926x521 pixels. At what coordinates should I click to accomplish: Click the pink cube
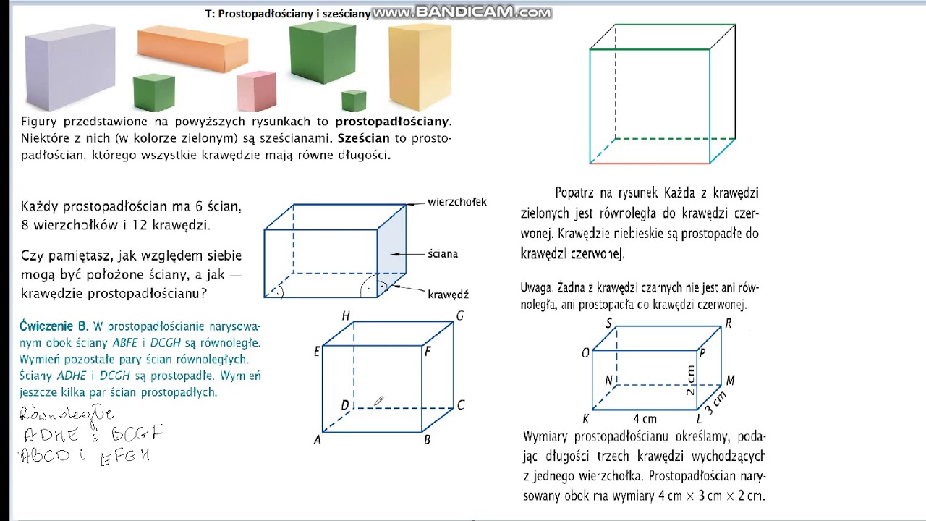(257, 91)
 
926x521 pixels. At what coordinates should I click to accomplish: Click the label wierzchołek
(456, 203)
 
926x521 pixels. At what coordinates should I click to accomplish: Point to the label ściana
(442, 254)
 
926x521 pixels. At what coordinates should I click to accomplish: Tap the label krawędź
(448, 295)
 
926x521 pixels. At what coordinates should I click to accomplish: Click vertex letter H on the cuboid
(346, 316)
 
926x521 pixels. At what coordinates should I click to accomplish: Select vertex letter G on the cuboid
(459, 316)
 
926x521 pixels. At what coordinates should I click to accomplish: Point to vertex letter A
(317, 439)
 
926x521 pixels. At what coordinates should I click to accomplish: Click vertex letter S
(608, 323)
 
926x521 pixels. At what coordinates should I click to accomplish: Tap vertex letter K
(585, 419)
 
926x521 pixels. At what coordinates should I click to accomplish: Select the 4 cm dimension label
(645, 419)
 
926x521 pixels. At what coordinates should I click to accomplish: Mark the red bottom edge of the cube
(650, 163)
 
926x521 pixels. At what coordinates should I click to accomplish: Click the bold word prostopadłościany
(391, 121)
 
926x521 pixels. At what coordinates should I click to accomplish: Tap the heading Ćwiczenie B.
(54, 326)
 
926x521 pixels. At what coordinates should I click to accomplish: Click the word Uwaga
(535, 288)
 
